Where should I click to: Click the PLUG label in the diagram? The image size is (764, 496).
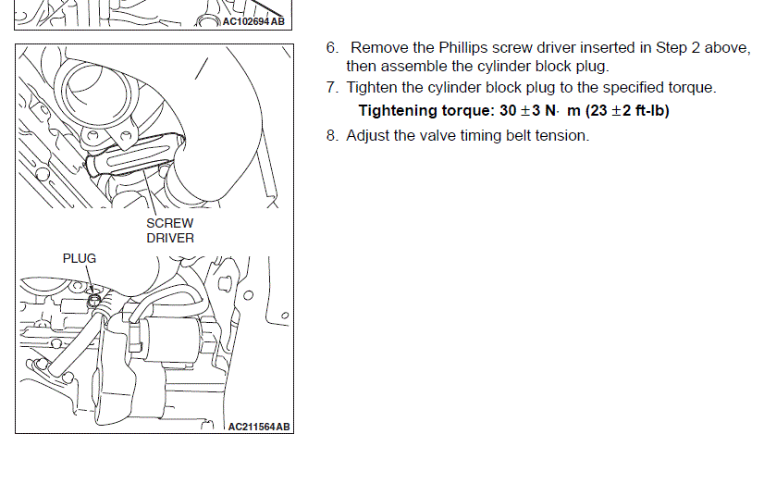click(80, 258)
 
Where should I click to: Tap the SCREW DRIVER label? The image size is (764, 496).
click(170, 230)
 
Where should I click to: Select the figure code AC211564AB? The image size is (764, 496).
click(259, 427)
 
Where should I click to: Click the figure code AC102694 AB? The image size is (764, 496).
click(253, 21)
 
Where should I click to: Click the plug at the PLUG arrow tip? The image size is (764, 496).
click(95, 300)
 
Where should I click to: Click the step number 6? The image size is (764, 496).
click(332, 48)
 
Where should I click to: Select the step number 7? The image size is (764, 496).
click(332, 87)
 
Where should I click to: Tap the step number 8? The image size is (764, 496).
click(332, 135)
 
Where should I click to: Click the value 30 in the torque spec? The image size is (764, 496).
click(508, 111)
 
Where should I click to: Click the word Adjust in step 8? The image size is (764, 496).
click(367, 136)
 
